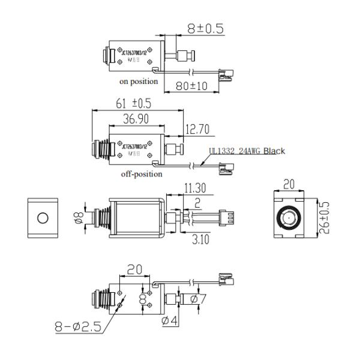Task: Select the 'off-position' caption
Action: (141, 175)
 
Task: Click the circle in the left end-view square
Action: (43, 217)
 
